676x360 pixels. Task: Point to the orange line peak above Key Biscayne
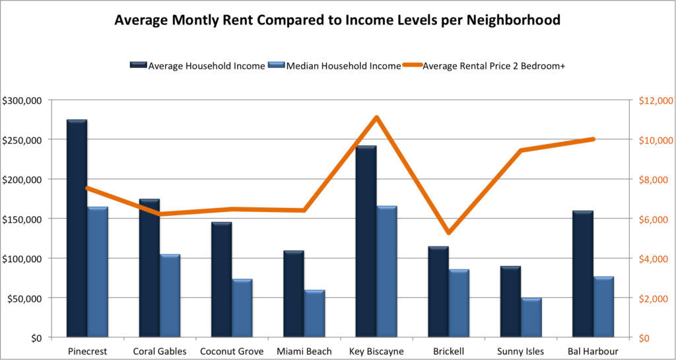point(376,118)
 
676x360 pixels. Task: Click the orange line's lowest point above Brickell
point(449,233)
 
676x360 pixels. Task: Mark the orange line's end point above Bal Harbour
point(593,139)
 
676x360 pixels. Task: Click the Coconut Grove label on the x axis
point(232,351)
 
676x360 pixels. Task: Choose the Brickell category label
point(448,351)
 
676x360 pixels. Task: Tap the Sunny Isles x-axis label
point(521,351)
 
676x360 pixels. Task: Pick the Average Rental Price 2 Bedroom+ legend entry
point(488,65)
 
